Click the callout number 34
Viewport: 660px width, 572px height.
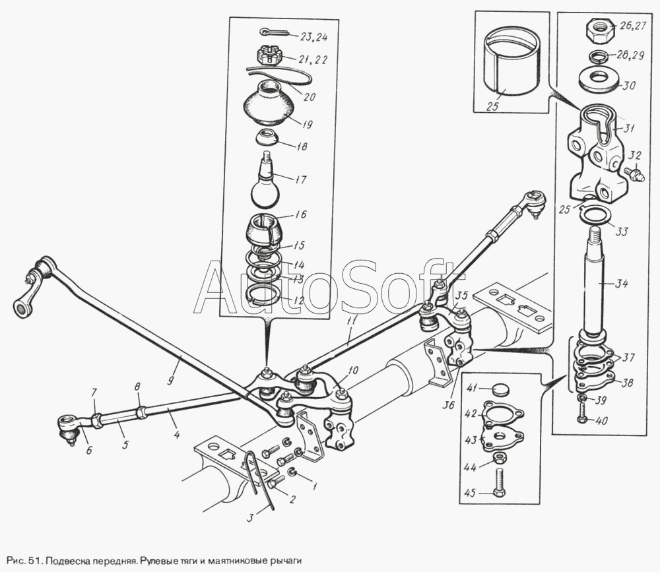(621, 284)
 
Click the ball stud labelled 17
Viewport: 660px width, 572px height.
(265, 181)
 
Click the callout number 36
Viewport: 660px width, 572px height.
(449, 405)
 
